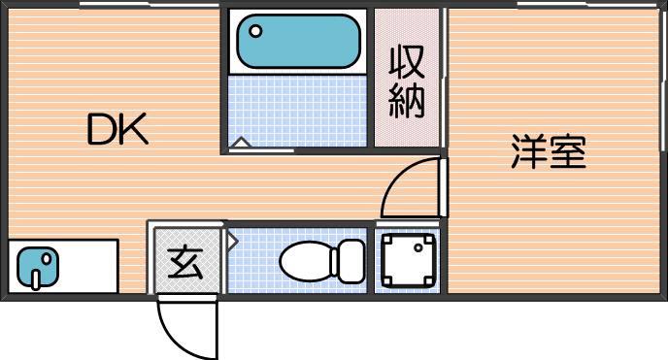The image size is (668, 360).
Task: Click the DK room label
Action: point(117,129)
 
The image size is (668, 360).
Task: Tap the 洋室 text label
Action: point(549,153)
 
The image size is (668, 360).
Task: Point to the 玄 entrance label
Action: point(184,262)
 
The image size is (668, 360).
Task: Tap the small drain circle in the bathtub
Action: point(256,31)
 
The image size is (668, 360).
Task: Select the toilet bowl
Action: point(306,260)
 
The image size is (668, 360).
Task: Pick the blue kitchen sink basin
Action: point(38,265)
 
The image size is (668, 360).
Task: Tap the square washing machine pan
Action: point(409,260)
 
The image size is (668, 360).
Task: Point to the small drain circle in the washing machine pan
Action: point(419,246)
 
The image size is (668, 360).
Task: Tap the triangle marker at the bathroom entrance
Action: point(241,144)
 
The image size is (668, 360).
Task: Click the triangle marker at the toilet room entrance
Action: point(232,240)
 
